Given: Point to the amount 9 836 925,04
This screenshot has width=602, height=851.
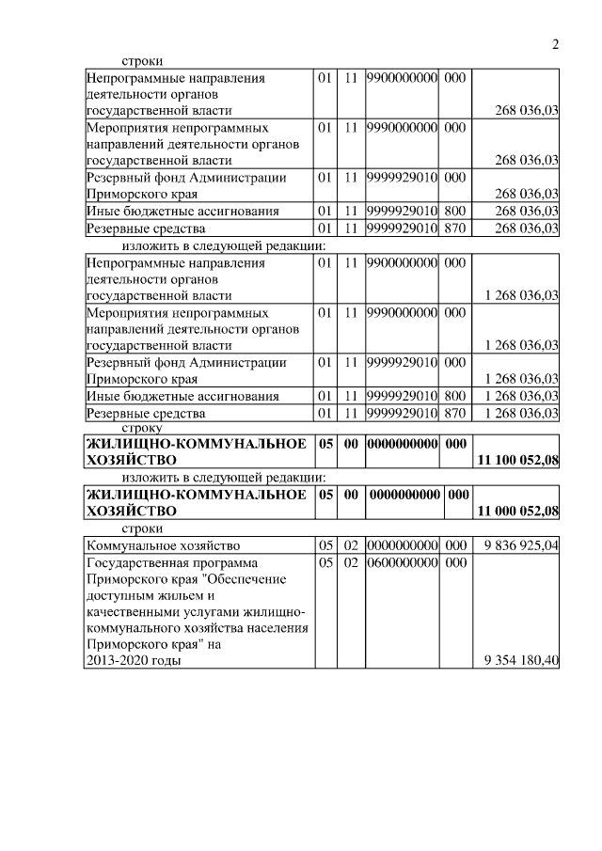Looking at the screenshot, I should click(521, 545).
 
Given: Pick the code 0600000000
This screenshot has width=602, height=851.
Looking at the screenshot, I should click(403, 562).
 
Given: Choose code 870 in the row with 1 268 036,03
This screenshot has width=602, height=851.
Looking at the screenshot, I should click(454, 413).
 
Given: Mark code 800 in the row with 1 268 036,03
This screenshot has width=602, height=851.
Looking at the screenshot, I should click(454, 396).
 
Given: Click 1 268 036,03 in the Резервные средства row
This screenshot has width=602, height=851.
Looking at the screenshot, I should click(521, 413).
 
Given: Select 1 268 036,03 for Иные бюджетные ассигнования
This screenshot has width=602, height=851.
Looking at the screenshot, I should click(521, 396).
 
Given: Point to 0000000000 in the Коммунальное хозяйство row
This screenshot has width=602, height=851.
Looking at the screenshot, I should click(403, 545).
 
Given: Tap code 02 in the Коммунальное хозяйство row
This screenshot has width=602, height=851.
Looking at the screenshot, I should click(351, 545).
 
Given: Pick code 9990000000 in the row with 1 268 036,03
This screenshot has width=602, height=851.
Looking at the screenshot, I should click(403, 312).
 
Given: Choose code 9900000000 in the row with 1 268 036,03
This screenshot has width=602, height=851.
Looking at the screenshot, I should click(403, 262).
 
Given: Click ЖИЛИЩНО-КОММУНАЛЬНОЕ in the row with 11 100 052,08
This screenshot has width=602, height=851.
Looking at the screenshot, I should click(196, 444).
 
